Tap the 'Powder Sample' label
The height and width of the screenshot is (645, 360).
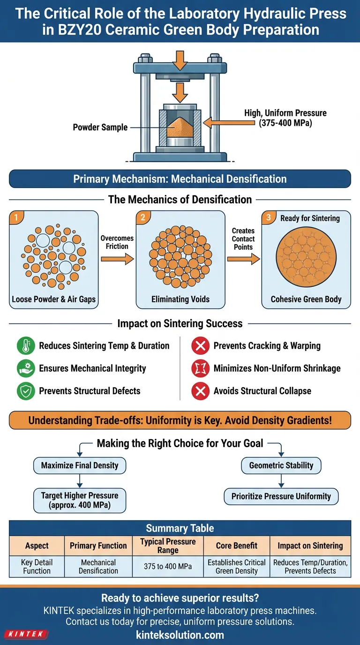[x=100, y=127]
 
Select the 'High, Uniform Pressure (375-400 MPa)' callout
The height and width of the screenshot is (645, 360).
[x=285, y=118]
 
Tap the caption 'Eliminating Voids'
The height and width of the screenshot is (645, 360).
[x=180, y=299]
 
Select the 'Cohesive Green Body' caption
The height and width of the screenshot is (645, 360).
[x=306, y=299]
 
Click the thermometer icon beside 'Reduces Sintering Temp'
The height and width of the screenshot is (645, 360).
[x=26, y=346]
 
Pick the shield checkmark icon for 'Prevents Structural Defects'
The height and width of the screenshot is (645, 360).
[x=26, y=391]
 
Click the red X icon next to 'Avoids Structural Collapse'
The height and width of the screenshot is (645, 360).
[x=200, y=391]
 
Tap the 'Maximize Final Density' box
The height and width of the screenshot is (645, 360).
[x=80, y=465]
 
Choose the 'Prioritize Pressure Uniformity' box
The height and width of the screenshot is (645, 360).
[x=281, y=496]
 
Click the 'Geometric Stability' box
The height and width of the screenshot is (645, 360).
[x=281, y=465]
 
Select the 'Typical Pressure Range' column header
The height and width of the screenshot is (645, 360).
[x=168, y=546]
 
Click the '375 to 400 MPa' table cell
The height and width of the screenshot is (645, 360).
[x=168, y=566]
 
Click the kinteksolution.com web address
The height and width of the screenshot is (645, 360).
[x=180, y=635]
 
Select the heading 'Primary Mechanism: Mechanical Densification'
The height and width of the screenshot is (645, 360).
[x=180, y=179]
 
